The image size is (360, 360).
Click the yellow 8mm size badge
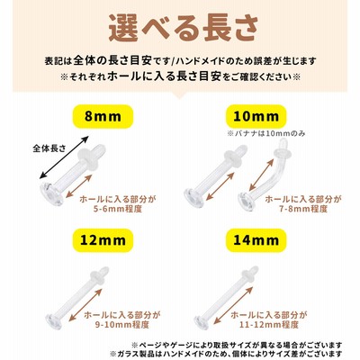tap(103, 116)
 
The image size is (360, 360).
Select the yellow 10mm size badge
tap(256, 116)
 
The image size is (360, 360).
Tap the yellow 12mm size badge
tap(103, 240)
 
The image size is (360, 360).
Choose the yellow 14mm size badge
tap(256, 240)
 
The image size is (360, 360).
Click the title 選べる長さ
tap(183, 29)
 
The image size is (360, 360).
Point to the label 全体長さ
tap(49, 148)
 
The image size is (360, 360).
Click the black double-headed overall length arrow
tap(65, 157)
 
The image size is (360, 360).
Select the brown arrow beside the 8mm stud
tap(78, 186)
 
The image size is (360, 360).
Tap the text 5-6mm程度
tap(118, 209)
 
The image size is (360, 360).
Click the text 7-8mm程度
tap(303, 209)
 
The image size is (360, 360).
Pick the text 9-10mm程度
tap(121, 324)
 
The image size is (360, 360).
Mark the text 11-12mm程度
tap(269, 324)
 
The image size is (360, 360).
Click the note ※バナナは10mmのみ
tap(266, 133)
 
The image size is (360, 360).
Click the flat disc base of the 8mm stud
tap(51, 194)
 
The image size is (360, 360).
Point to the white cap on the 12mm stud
tap(98, 275)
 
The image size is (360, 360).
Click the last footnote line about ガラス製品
tap(227, 354)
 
